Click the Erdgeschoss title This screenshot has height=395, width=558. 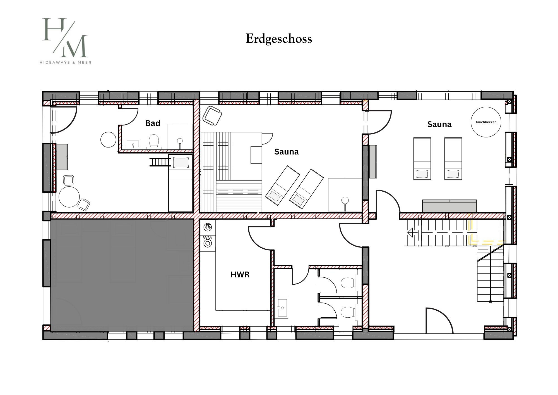279,39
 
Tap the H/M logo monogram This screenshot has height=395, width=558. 65,38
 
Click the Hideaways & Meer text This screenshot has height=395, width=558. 65,63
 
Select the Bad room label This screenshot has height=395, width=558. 153,123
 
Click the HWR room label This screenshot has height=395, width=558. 240,275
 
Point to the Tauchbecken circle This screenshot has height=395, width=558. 486,122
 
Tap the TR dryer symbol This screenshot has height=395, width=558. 208,227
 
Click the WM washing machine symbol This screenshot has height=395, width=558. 208,242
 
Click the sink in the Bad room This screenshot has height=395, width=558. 133,144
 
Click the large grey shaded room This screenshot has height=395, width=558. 122,275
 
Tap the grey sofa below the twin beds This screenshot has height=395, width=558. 449,206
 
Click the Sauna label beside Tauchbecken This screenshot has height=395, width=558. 439,124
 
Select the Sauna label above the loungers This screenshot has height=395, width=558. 287,152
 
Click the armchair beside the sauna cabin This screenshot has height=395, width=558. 212,115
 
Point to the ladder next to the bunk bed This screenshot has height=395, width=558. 160,162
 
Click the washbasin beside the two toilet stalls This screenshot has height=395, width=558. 282,308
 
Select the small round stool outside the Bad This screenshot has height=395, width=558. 108,139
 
